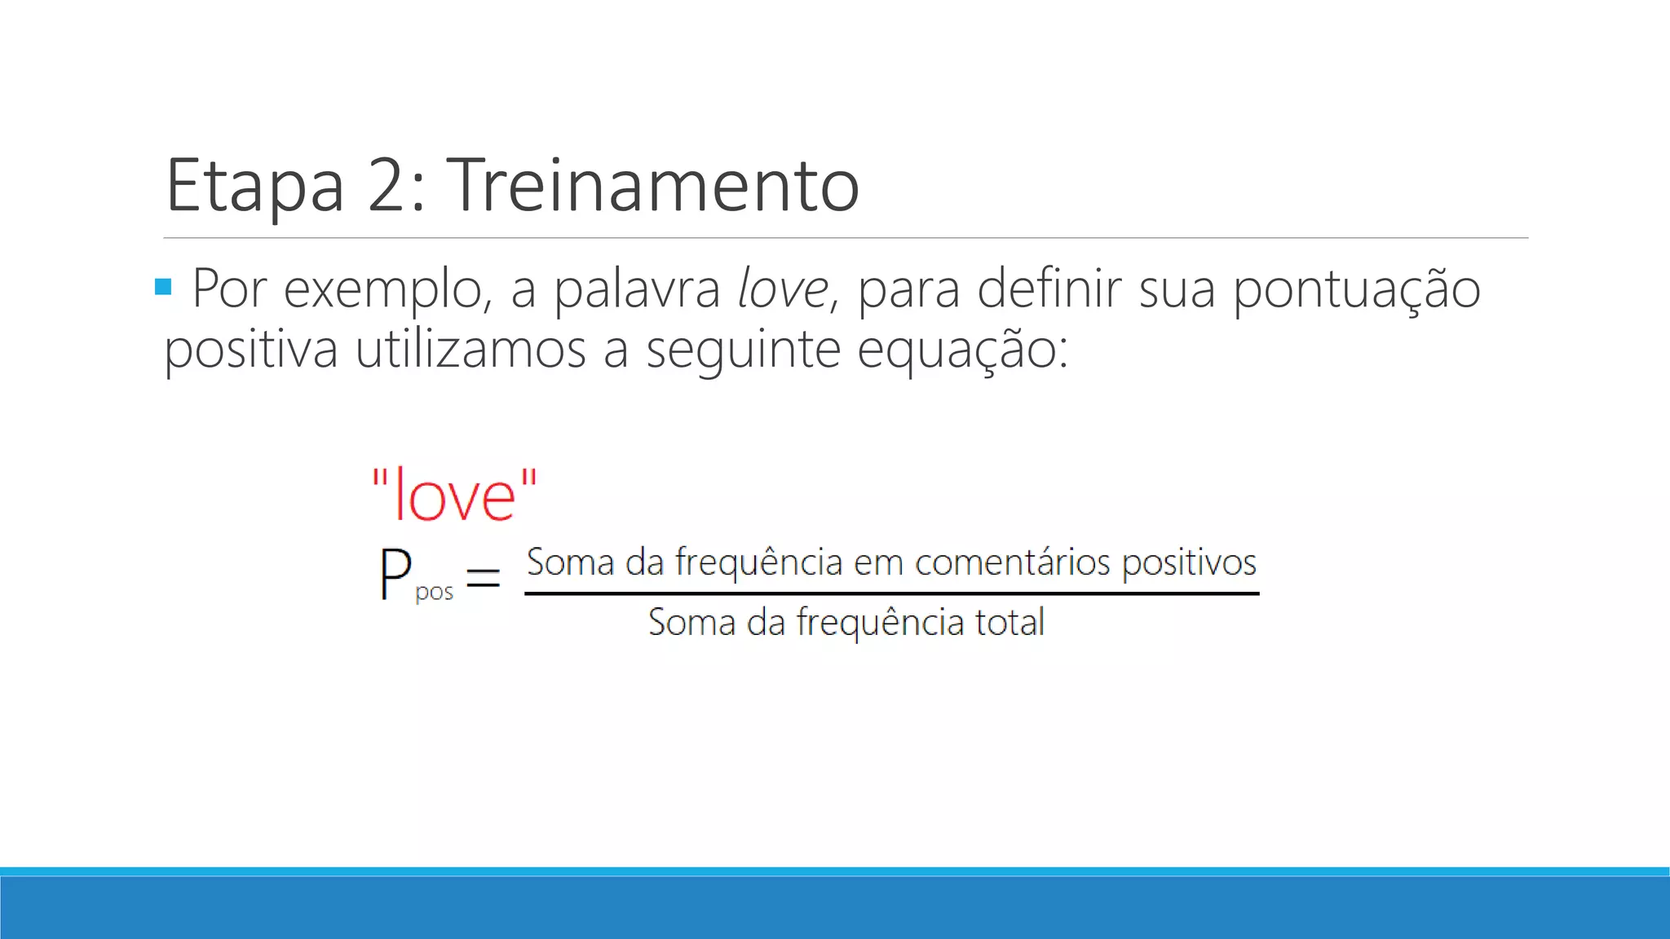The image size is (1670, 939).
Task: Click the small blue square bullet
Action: pos(163,287)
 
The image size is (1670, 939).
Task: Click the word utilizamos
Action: pos(471,350)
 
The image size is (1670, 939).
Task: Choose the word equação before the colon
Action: pos(956,351)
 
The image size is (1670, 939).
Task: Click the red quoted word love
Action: pos(455,495)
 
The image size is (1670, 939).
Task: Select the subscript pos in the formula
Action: pos(434,593)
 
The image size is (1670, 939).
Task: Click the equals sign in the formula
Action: pos(483,580)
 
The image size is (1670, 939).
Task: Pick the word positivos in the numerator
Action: pos(1189,563)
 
